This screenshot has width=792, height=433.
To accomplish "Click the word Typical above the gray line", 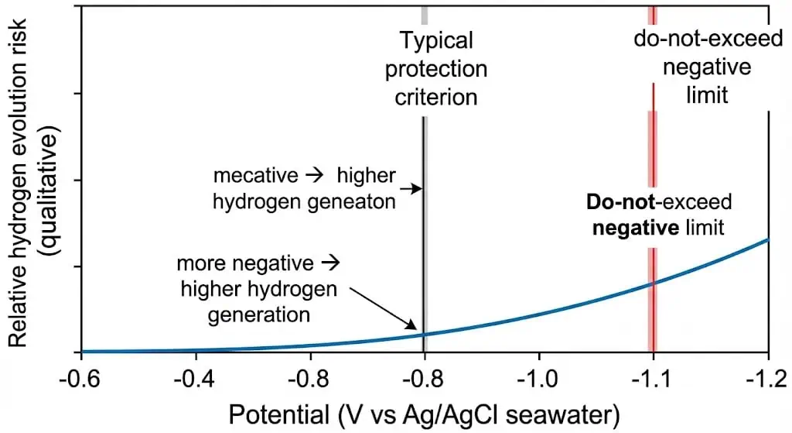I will [435, 40].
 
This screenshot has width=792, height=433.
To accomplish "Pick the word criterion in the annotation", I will [435, 97].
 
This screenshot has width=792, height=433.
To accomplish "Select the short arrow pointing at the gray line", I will [412, 188].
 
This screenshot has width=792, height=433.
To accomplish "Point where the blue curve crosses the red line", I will [653, 284].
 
